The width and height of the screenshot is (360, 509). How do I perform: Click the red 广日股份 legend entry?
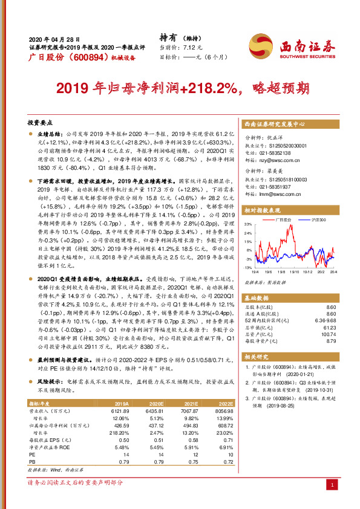(283, 220)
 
